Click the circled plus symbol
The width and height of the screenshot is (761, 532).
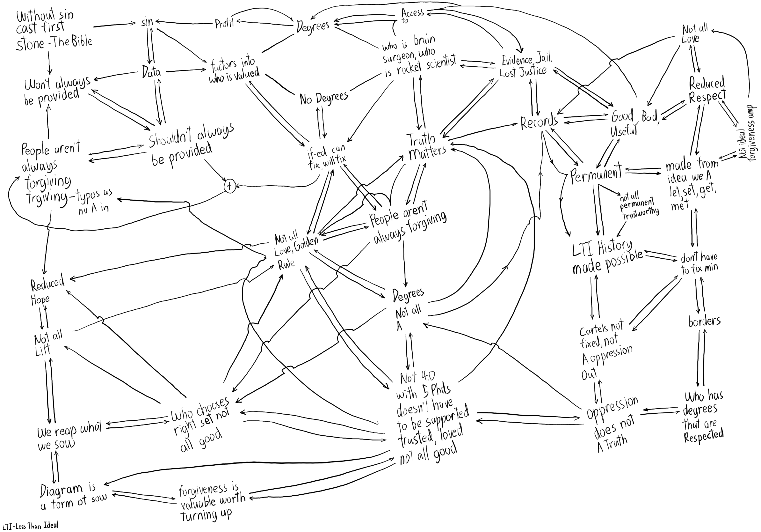229,186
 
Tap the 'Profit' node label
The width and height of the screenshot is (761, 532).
224,23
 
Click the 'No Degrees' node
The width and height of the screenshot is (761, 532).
323,98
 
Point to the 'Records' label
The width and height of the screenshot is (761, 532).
539,122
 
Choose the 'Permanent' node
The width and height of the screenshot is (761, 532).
596,174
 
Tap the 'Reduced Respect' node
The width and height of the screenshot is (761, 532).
707,90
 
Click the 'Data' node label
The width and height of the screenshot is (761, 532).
151,72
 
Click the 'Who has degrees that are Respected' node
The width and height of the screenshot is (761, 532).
703,417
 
